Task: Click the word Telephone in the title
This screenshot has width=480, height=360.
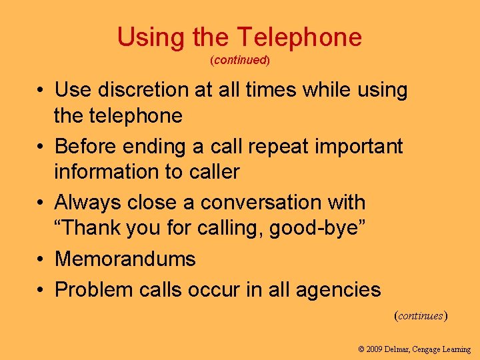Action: [300, 37]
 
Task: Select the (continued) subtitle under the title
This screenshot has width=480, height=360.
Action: [240, 60]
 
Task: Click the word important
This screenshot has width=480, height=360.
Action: [361, 146]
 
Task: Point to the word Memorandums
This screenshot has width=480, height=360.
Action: [125, 258]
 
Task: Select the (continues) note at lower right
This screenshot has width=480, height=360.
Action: [421, 315]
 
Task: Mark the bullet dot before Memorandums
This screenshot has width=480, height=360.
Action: [41, 259]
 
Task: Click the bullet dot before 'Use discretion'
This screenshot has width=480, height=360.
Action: [41, 90]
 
